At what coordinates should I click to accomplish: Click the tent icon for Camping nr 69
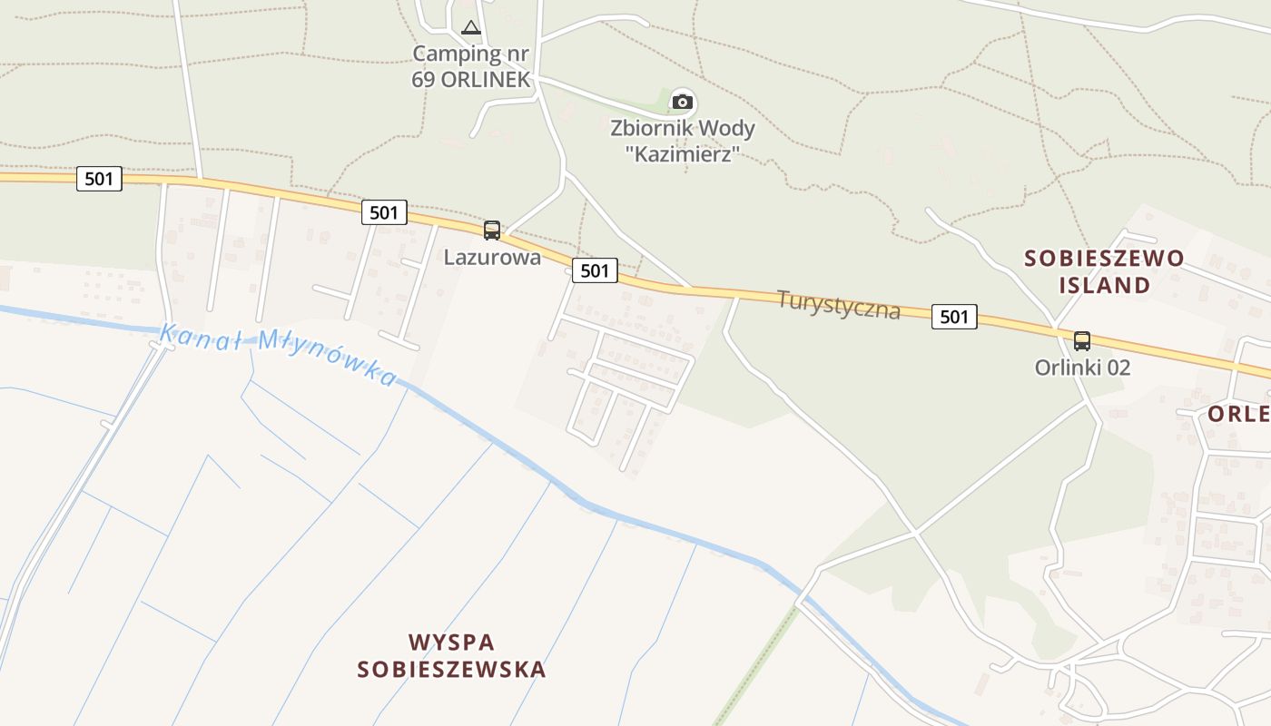[x=470, y=27]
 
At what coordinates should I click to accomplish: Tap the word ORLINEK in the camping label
[x=486, y=79]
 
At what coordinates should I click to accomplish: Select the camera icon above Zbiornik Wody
[x=682, y=102]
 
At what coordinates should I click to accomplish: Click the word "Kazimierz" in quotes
[x=682, y=153]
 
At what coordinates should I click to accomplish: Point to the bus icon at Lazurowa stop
[x=492, y=231]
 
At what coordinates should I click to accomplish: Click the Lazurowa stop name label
[x=492, y=257]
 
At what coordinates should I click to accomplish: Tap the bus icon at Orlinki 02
[x=1081, y=341]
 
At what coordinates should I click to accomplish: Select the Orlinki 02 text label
[x=1082, y=368]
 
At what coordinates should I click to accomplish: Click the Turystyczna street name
[x=839, y=304]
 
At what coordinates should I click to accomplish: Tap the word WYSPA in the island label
[x=451, y=643]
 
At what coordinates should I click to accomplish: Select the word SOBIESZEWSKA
[x=451, y=670]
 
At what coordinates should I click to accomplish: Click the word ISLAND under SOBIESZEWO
[x=1104, y=285]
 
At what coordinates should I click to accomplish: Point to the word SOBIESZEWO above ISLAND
[x=1104, y=259]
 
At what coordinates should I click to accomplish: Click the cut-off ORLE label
[x=1238, y=414]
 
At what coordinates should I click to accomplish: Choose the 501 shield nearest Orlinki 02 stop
[x=954, y=316]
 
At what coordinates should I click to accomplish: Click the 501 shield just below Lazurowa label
[x=595, y=270]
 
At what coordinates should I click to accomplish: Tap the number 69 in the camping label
[x=423, y=79]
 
